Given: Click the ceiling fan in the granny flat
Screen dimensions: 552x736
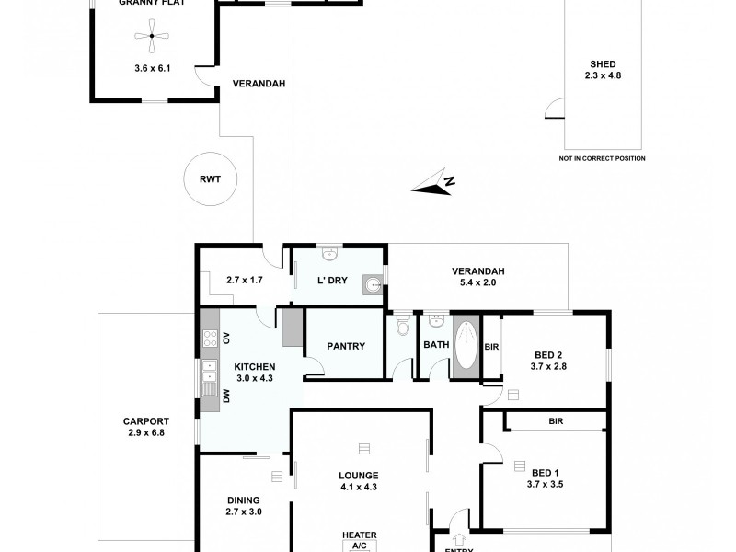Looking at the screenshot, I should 152,37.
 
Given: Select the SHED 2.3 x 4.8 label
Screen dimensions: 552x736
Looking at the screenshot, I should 603,70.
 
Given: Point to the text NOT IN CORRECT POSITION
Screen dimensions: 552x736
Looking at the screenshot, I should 602,158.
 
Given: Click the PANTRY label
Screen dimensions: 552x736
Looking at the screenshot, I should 346,346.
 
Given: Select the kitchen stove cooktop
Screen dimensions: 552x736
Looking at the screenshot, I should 209,339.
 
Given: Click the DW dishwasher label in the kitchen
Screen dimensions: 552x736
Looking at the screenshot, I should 226,396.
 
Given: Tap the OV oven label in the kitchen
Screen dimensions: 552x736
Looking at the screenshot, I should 226,338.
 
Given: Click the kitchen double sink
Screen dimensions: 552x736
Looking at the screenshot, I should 209,371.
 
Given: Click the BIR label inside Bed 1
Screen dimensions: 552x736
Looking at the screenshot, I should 556,420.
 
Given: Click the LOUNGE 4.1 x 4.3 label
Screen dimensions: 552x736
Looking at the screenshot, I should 359,481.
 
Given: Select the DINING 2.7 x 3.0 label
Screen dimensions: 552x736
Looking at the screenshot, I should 245,506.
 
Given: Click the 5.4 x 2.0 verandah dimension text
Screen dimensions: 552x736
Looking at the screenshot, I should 477,282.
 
